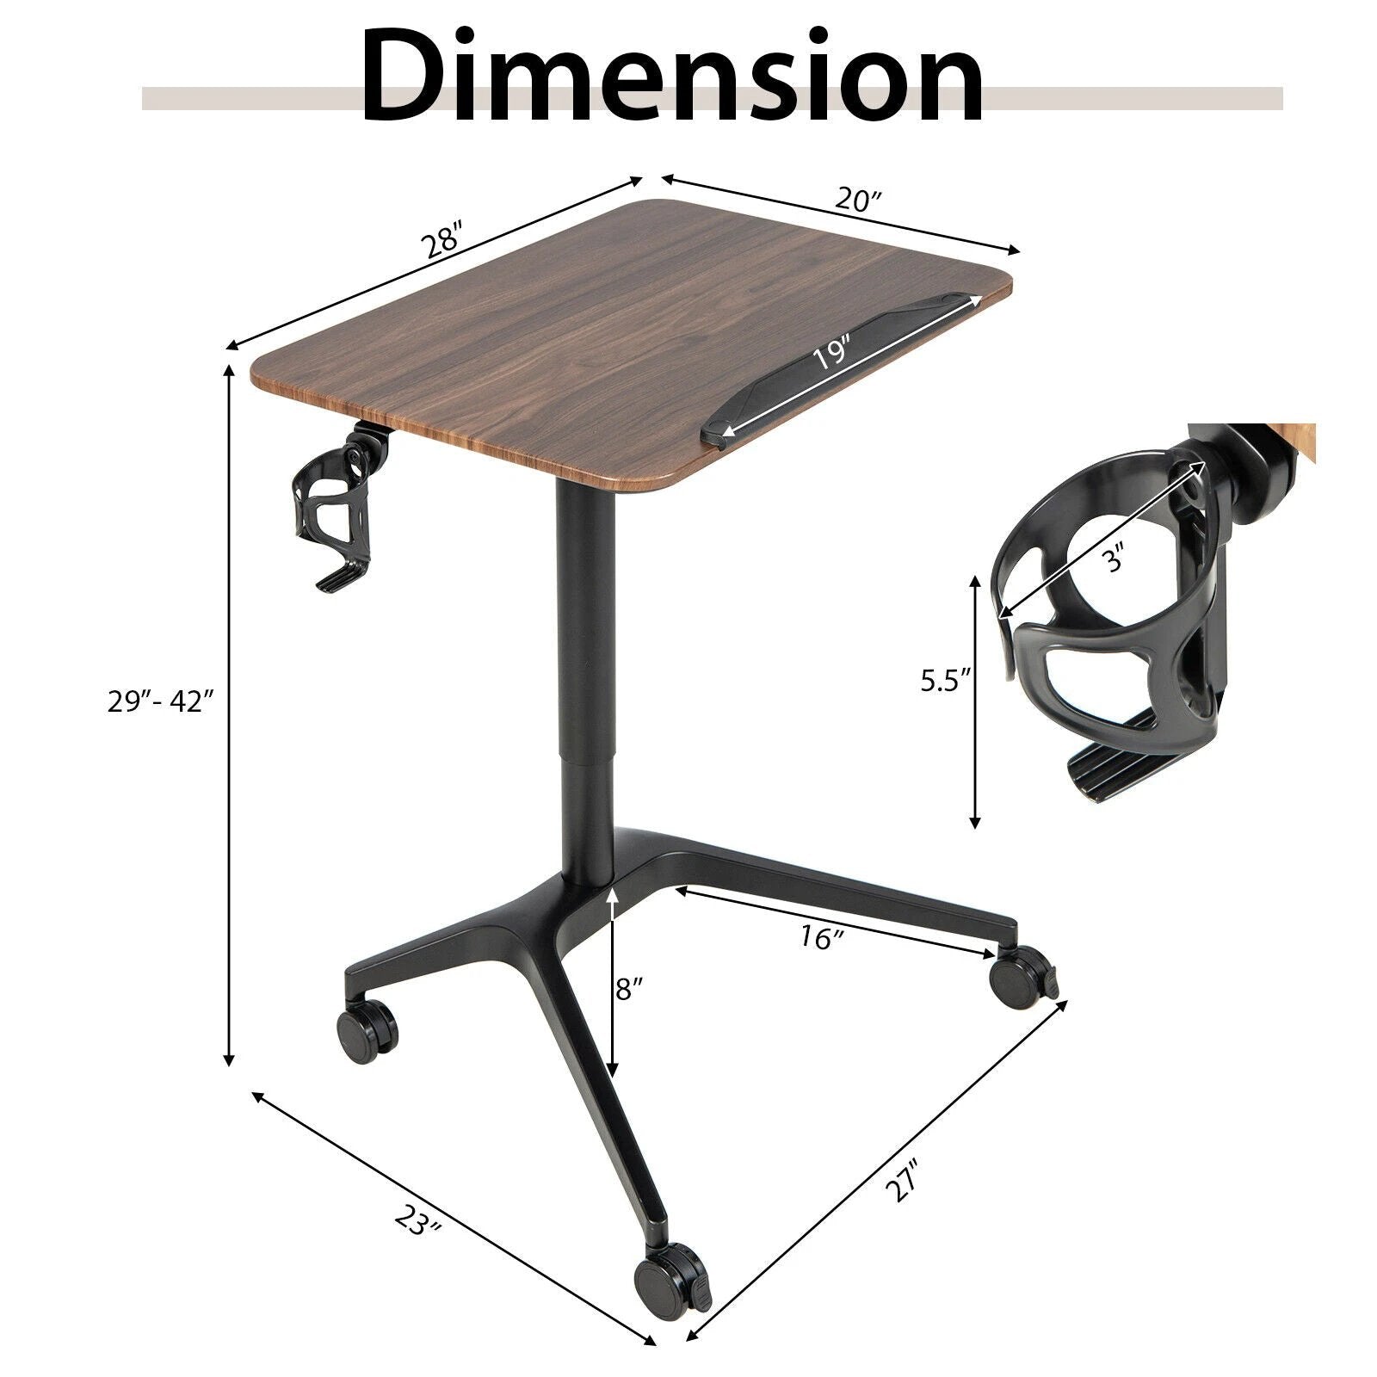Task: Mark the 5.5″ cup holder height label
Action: click(945, 681)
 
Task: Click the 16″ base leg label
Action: click(818, 938)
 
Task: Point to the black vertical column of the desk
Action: click(585, 688)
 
